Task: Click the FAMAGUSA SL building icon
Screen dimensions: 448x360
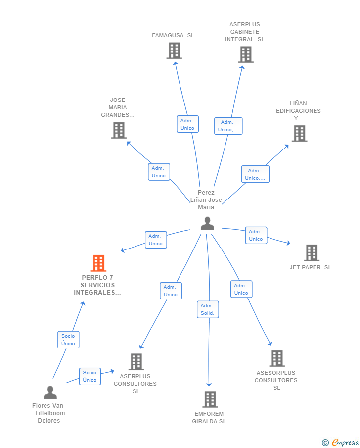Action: pyautogui.click(x=174, y=51)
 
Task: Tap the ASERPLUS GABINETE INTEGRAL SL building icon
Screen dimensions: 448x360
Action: pyautogui.click(x=245, y=54)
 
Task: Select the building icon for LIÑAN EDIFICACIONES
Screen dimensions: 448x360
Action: pyautogui.click(x=299, y=133)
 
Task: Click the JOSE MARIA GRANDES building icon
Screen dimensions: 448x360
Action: pyautogui.click(x=119, y=130)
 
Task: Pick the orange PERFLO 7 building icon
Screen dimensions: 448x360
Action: pyautogui.click(x=98, y=263)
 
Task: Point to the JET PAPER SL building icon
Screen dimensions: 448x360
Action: pyautogui.click(x=311, y=253)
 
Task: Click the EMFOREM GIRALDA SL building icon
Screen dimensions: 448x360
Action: pyautogui.click(x=210, y=399)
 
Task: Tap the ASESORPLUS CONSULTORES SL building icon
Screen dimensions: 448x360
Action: pyautogui.click(x=276, y=358)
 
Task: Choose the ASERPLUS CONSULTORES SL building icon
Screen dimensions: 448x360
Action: pyautogui.click(x=136, y=362)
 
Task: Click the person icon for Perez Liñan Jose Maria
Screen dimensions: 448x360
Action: pyautogui.click(x=207, y=224)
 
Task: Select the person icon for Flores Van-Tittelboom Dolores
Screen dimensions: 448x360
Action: pyautogui.click(x=50, y=393)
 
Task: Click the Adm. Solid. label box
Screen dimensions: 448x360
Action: pyautogui.click(x=208, y=309)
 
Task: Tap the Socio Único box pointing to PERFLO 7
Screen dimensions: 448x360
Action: pyautogui.click(x=68, y=340)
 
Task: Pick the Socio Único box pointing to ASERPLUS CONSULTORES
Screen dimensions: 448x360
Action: pyautogui.click(x=90, y=376)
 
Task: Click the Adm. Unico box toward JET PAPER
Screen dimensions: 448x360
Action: pyautogui.click(x=256, y=235)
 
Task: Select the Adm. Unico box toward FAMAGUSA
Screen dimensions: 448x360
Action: pyautogui.click(x=187, y=124)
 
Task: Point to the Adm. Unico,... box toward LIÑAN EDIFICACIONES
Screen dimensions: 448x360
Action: pyautogui.click(x=255, y=174)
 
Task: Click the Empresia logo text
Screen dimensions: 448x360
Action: pyautogui.click(x=345, y=442)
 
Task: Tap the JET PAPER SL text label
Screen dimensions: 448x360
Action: pyautogui.click(x=311, y=267)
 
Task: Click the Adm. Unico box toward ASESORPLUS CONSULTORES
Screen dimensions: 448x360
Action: pyautogui.click(x=241, y=289)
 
